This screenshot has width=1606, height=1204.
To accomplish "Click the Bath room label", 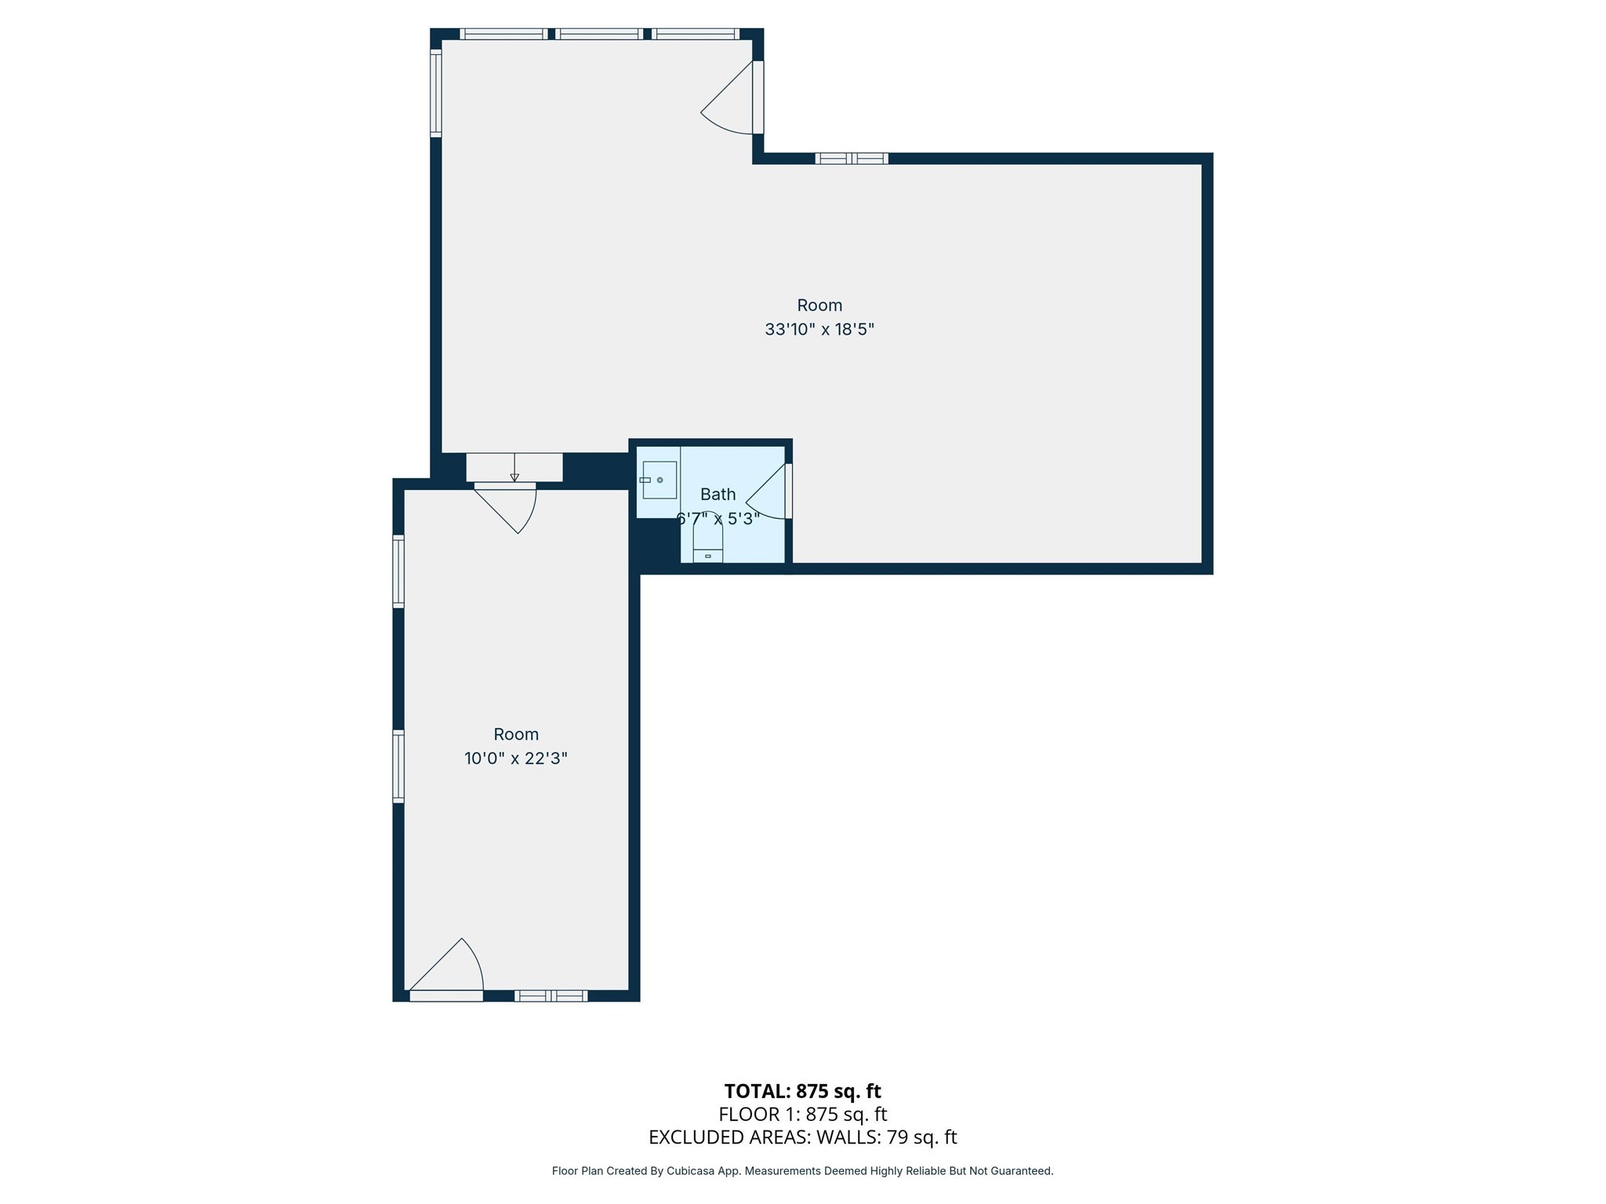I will tap(718, 495).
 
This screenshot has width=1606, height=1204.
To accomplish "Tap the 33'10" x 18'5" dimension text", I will tap(819, 330).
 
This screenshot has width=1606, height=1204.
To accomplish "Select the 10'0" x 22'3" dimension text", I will tap(515, 759).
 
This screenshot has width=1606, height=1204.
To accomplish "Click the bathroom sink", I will tap(659, 480).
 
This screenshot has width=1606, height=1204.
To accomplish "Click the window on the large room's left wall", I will tap(436, 93).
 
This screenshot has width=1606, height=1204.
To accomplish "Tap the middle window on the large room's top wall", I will tap(600, 34).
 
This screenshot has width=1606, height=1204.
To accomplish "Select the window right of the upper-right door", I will tap(852, 158).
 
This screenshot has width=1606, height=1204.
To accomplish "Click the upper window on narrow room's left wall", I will tap(398, 571).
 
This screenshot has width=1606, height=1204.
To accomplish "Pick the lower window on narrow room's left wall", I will tap(398, 767).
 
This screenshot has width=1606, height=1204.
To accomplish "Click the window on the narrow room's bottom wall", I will tap(550, 995).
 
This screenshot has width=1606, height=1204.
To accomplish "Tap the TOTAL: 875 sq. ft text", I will tap(802, 1091).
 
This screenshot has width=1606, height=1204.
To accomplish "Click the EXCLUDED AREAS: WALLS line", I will tap(802, 1137).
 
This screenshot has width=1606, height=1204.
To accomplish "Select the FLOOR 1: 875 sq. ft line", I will tap(802, 1114).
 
